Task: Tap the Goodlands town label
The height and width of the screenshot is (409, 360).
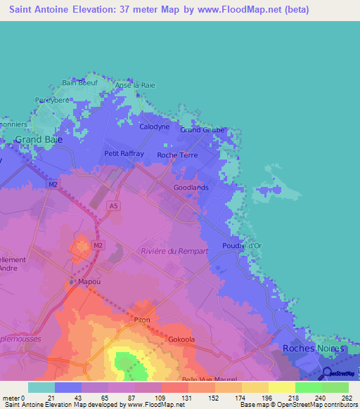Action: point(191,188)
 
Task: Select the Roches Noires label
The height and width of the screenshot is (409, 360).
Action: point(313,348)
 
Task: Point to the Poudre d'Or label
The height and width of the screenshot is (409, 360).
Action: point(242,245)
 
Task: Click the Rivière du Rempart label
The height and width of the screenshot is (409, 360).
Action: point(174,251)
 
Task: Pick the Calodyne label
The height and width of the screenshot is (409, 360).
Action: point(155,126)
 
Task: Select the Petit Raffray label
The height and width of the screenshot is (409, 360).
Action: point(124,153)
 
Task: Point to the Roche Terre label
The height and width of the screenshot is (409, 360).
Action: point(177,155)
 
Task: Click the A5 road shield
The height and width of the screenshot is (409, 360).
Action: point(112,205)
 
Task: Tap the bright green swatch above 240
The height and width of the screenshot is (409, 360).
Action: point(308,387)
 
